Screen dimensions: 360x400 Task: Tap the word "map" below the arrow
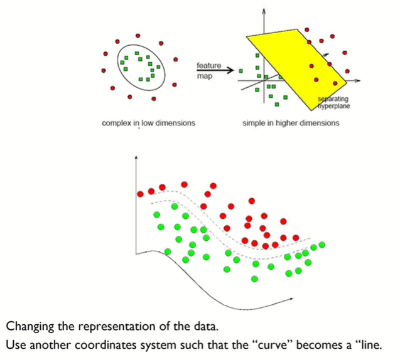click(x=203, y=77)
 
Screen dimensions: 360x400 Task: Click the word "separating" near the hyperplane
click(x=333, y=99)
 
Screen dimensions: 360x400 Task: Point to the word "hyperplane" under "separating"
click(x=333, y=106)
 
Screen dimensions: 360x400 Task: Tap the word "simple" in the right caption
click(x=254, y=124)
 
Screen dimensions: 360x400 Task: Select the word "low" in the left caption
click(x=149, y=124)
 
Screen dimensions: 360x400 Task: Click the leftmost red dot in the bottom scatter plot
click(x=140, y=194)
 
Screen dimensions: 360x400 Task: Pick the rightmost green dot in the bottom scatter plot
click(x=322, y=245)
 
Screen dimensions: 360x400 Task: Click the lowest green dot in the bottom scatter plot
click(x=254, y=278)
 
